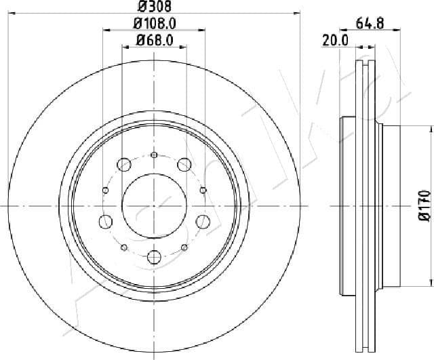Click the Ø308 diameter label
click(153, 9)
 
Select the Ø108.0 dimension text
click(153, 24)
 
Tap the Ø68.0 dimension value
click(155, 41)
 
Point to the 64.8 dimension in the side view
click(370, 24)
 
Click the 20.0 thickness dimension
click(335, 41)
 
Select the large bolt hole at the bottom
click(154, 256)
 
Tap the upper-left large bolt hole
click(124, 163)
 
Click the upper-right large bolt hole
click(184, 163)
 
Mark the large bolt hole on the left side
click(105, 220)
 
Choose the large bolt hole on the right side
click(203, 220)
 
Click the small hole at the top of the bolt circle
click(154, 155)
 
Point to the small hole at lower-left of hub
click(123, 247)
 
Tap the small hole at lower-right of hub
click(184, 247)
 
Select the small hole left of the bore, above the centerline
click(104, 190)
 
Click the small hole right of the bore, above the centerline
click(203, 190)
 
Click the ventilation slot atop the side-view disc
click(366, 66)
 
